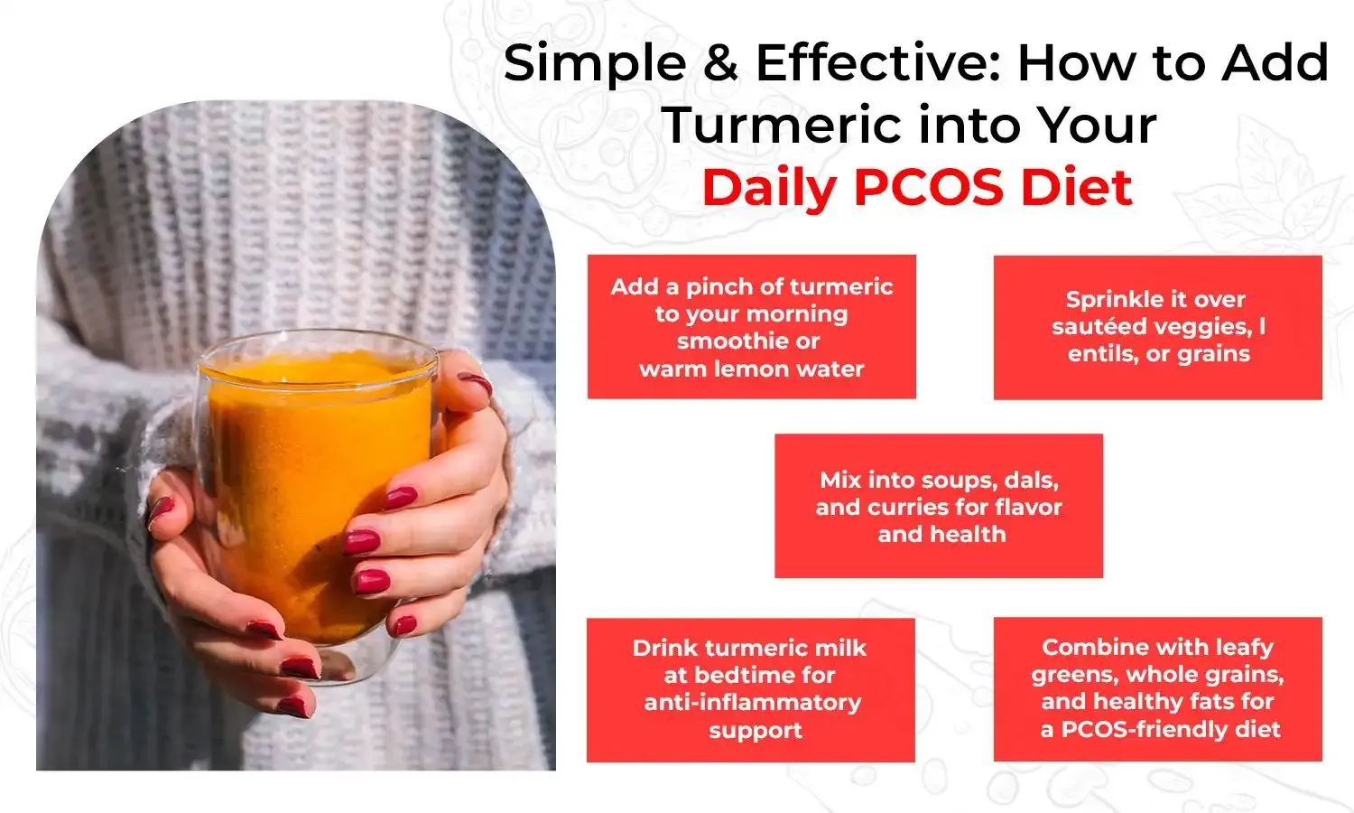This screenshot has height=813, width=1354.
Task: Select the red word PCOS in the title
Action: coord(928,188)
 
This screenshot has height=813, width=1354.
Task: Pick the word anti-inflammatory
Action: coord(753,702)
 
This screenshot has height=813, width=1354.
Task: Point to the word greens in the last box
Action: coord(1075,674)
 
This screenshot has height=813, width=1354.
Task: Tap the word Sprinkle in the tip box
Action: coord(1108,299)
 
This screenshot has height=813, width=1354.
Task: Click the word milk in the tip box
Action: coord(828,648)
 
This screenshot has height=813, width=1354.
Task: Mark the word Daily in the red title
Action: coord(769,188)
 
